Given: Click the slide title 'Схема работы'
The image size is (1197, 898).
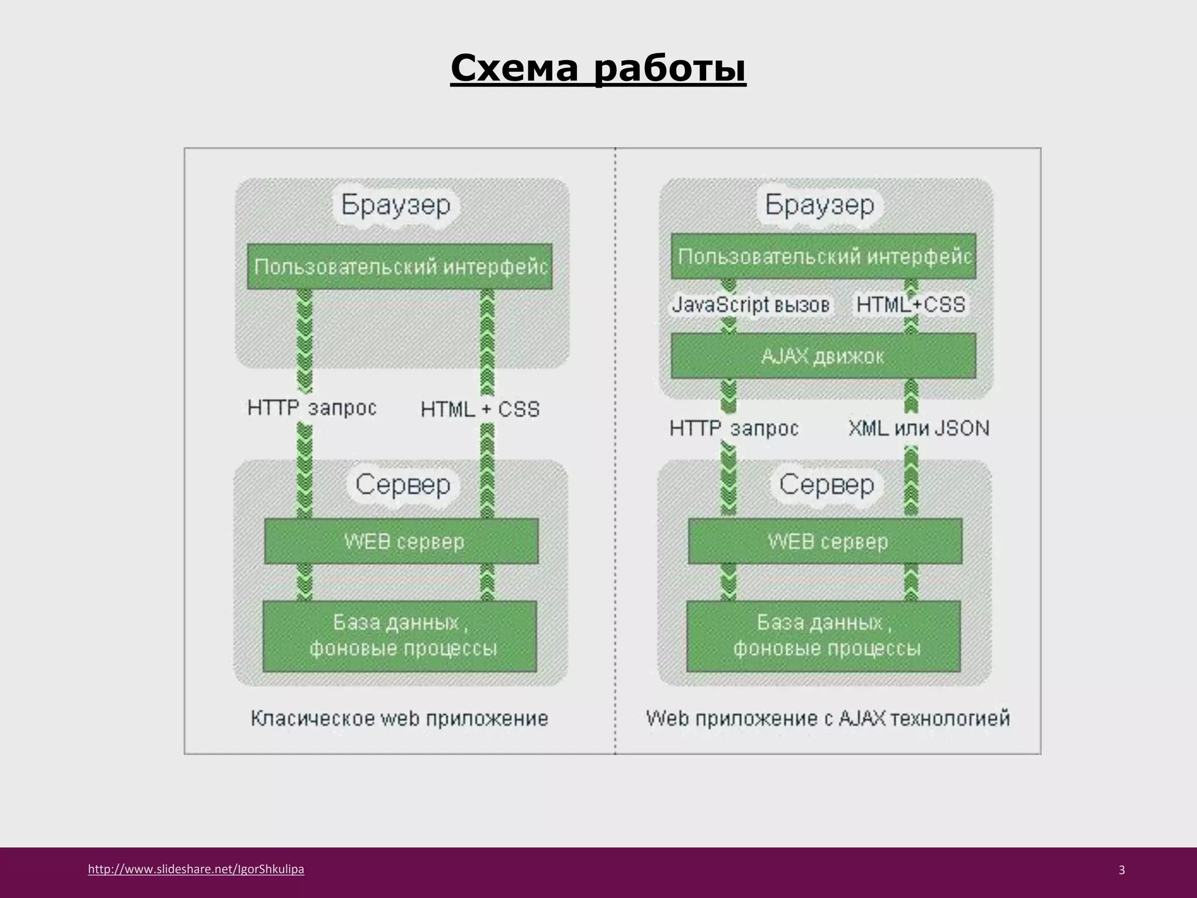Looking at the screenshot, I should tap(598, 69).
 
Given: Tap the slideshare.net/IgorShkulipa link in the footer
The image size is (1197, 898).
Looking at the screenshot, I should tap(196, 869).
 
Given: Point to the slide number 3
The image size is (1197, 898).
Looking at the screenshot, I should tap(1121, 870).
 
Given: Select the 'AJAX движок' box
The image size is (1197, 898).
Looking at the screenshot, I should tap(823, 355).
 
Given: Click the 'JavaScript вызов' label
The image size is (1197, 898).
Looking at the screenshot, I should tap(750, 305).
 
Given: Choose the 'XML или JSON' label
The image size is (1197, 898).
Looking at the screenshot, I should tap(918, 429).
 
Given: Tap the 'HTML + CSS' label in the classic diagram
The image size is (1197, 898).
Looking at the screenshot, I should tap(480, 409).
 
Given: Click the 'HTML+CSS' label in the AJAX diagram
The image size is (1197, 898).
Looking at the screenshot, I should tap(911, 305).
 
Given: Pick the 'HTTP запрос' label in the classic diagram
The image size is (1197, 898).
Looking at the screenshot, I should tap(312, 407).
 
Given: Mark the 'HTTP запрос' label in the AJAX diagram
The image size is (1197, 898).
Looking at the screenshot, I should tap(734, 429).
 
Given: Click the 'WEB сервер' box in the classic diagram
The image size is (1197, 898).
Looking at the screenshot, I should tap(402, 541).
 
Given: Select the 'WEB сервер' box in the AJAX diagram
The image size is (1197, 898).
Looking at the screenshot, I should tap(825, 541).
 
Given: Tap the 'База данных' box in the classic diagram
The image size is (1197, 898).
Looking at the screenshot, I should tap(400, 636).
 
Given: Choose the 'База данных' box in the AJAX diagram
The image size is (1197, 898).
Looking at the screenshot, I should tap(824, 636).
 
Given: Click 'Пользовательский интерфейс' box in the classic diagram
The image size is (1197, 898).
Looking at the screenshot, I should tap(400, 267).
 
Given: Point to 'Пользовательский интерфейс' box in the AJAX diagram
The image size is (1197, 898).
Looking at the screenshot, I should tap(824, 256).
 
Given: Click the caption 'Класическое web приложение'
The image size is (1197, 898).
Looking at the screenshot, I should tap(400, 718).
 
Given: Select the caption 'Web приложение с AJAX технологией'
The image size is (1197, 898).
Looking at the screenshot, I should tap(828, 718).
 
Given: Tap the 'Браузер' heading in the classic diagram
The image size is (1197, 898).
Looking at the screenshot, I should tap(396, 205).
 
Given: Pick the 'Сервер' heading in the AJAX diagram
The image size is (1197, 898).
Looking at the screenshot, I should tap(826, 485).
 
